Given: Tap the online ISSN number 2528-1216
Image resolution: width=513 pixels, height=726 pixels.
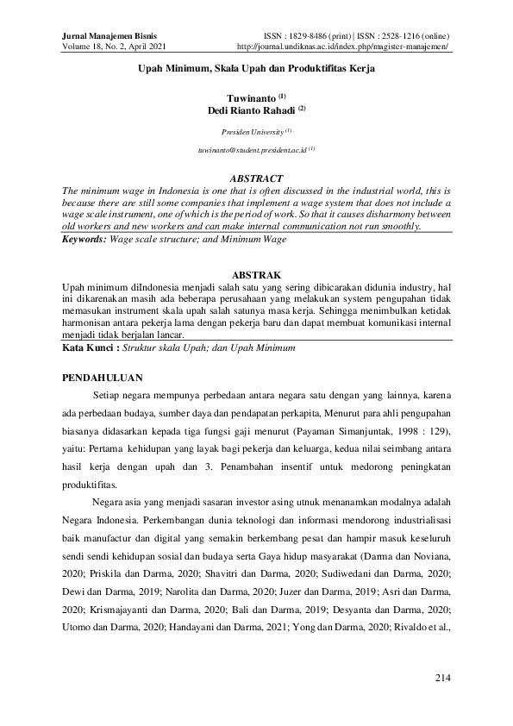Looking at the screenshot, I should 393,35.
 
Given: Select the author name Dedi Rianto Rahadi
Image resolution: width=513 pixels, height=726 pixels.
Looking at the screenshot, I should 253,110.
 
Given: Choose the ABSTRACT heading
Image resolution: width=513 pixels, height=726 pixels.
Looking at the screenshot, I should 257,178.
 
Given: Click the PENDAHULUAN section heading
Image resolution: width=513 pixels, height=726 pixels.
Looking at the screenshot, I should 105,378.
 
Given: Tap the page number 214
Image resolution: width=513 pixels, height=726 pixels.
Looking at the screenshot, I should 442,678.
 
